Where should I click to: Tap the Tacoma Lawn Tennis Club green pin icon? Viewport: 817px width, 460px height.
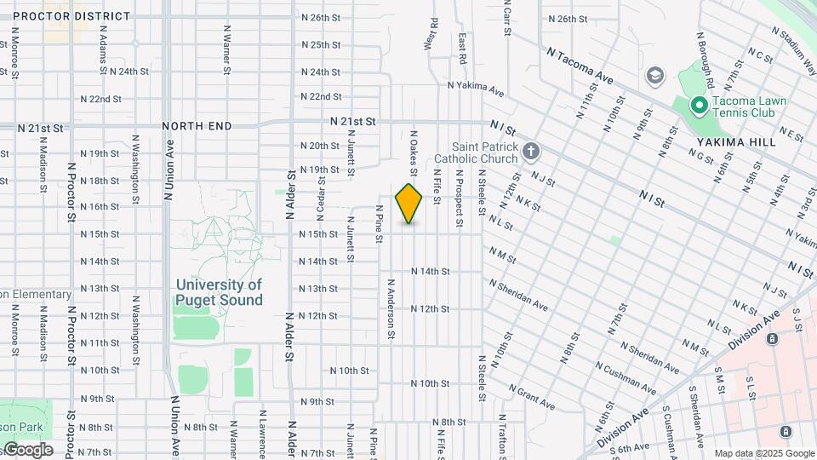(699, 106)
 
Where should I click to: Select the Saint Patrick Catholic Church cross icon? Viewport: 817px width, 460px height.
(531, 152)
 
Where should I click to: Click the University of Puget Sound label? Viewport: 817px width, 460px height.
(220, 292)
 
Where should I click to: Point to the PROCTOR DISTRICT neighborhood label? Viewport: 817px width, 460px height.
(72, 16)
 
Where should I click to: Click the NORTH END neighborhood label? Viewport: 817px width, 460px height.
(197, 126)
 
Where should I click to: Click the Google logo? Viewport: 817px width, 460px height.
(27, 450)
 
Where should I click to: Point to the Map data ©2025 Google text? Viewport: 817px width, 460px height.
(763, 453)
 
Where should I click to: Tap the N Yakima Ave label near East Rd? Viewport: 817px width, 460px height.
(477, 87)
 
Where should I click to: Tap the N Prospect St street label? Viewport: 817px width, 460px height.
(459, 201)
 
